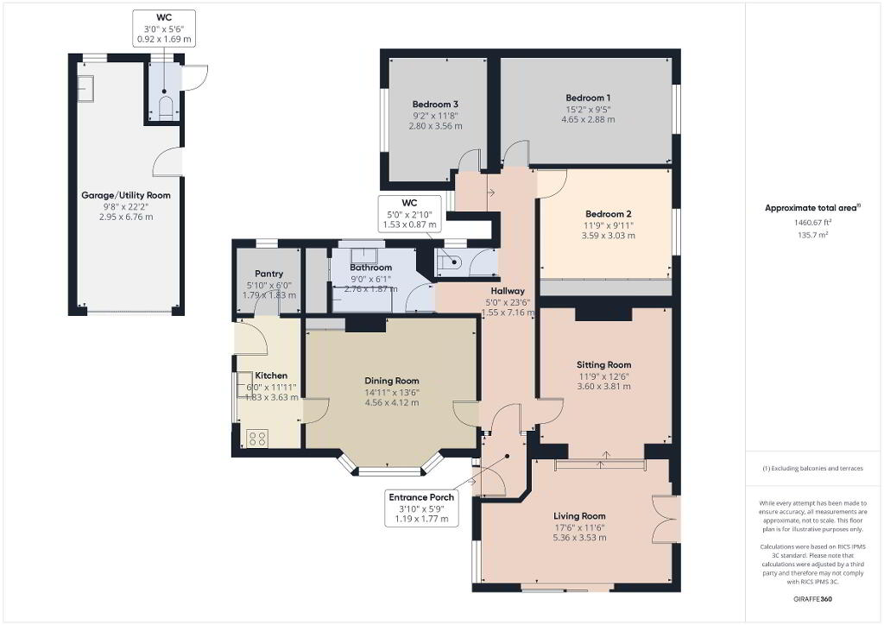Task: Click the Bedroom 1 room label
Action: [x=588, y=98]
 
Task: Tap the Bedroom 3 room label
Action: [x=435, y=104]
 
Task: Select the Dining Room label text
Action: [x=392, y=381]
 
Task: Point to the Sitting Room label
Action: [x=603, y=364]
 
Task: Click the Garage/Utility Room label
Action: [x=126, y=196]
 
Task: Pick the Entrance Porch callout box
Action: [x=421, y=508]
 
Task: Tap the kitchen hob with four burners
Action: [x=257, y=439]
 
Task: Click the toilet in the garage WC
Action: [x=165, y=108]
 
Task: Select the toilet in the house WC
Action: [x=451, y=262]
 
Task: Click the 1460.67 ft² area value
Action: [x=813, y=223]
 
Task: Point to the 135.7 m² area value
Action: [x=813, y=235]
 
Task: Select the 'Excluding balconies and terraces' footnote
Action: [x=813, y=469]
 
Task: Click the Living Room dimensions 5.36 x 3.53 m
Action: [x=579, y=538]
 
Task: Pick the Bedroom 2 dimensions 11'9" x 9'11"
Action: [x=609, y=224]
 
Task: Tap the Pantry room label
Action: [x=269, y=274]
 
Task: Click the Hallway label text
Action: [x=508, y=292]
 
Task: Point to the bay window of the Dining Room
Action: [x=390, y=464]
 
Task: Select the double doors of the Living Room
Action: [x=666, y=519]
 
